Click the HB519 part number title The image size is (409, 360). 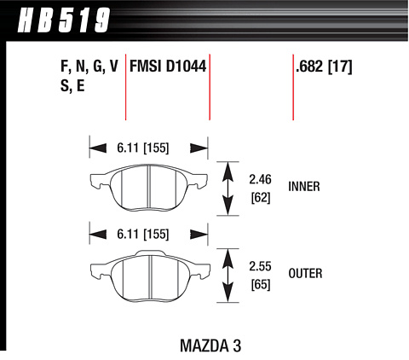(x=64, y=20)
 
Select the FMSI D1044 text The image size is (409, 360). (x=168, y=67)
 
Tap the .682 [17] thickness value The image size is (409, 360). (x=324, y=67)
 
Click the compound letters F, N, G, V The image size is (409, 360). (x=89, y=67)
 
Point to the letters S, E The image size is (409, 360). (x=72, y=85)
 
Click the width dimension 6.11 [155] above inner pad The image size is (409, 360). (x=143, y=148)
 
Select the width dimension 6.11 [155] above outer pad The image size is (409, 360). (x=143, y=235)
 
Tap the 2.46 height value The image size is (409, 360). (x=260, y=179)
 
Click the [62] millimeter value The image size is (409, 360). (x=261, y=198)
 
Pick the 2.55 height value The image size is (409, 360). (x=260, y=266)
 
